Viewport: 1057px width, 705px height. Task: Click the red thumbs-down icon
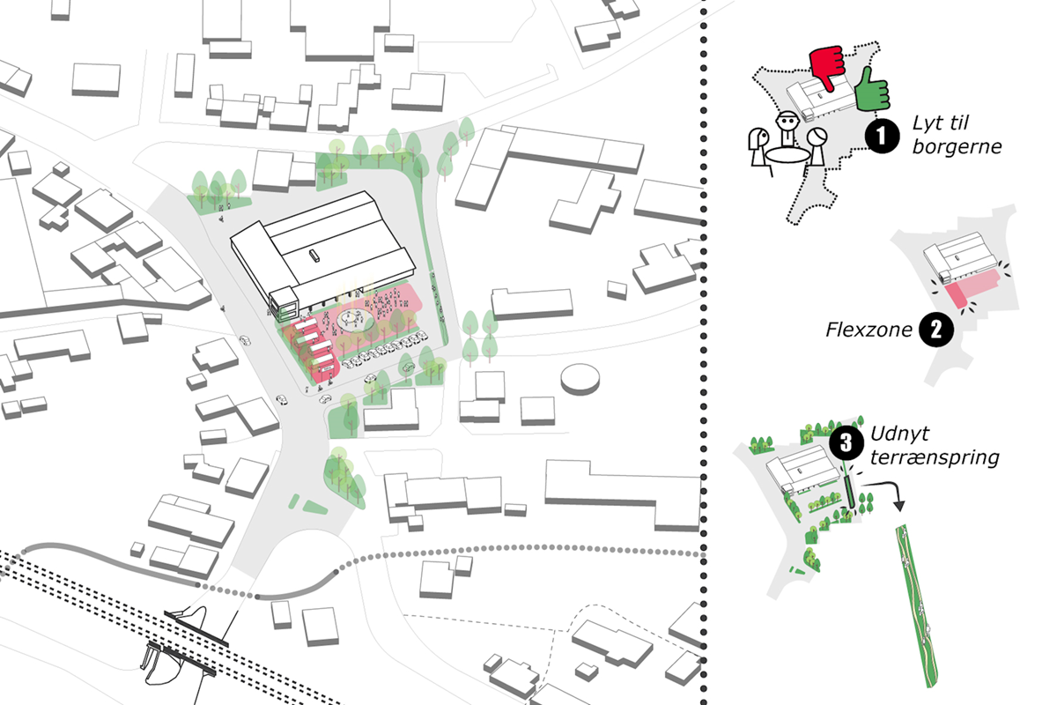tap(827, 65)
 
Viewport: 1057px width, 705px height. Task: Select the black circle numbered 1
tap(881, 137)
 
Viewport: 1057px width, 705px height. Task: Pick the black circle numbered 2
tap(935, 330)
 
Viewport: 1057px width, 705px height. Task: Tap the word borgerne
tap(957, 147)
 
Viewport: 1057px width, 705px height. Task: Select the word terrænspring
tap(935, 458)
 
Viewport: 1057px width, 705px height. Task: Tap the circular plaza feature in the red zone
tap(354, 319)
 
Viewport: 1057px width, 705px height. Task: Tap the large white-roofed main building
tap(322, 247)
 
